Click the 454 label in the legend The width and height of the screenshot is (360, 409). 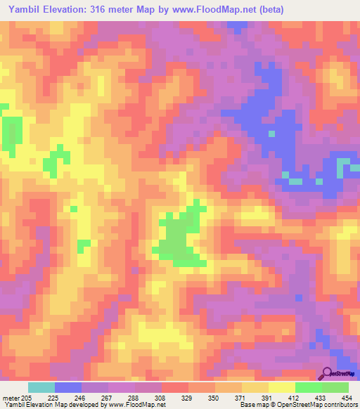(x=347, y=398)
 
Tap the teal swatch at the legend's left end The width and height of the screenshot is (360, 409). (x=41, y=387)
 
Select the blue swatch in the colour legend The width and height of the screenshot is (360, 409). (x=68, y=387)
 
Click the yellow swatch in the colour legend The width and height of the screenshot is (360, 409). (x=281, y=387)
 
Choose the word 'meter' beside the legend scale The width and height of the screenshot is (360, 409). (x=11, y=398)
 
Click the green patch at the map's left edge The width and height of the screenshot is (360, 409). (x=10, y=129)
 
